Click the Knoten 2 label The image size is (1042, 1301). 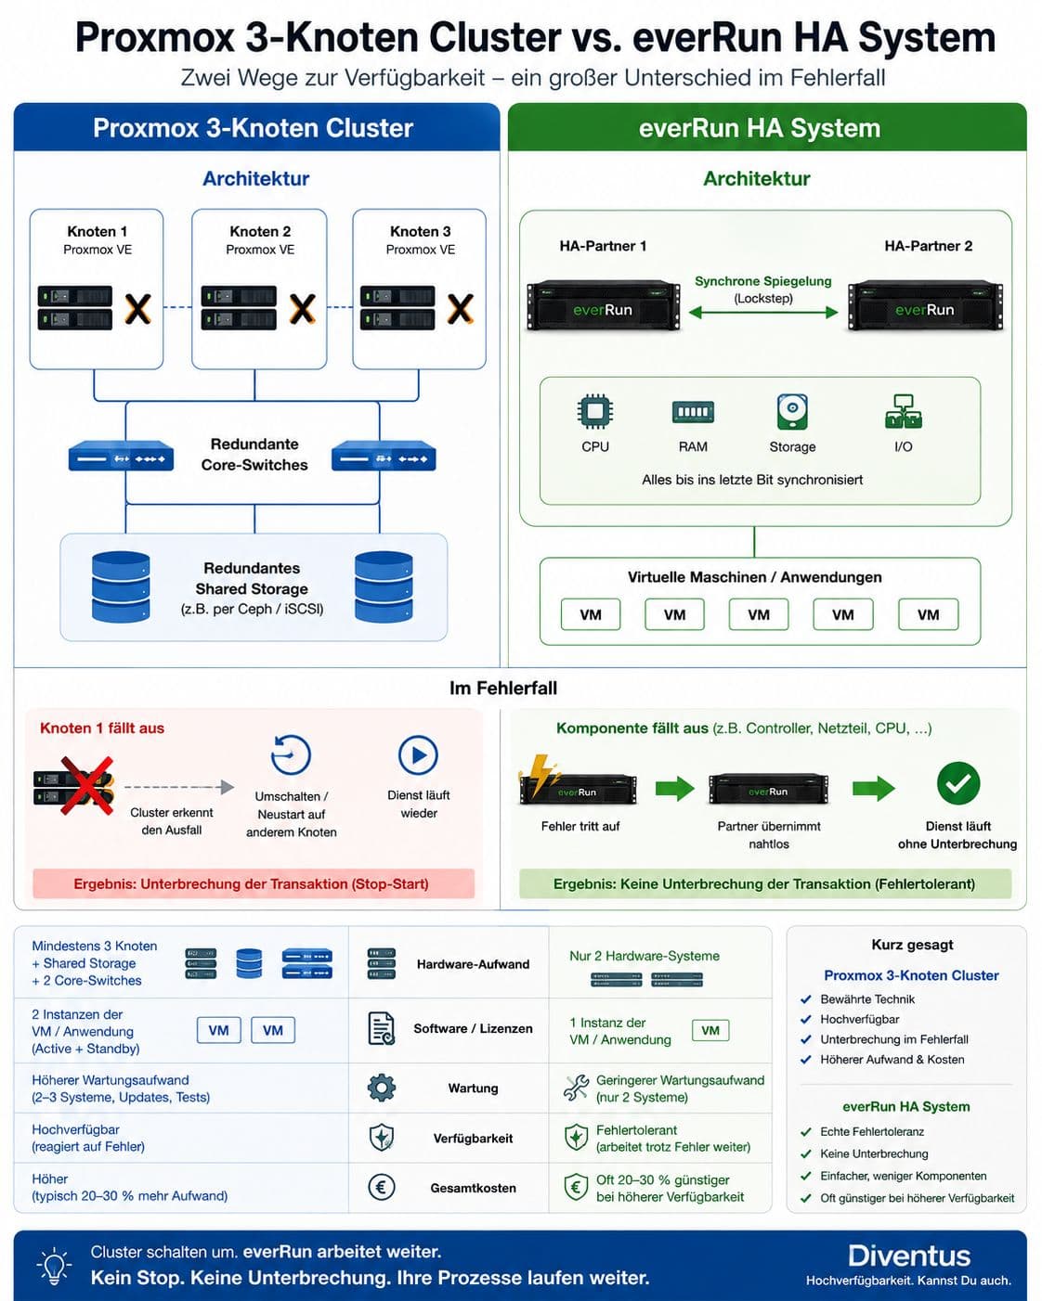pyautogui.click(x=260, y=232)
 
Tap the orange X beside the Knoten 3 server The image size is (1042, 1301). pyautogui.click(x=460, y=308)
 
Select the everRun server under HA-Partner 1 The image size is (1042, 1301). pyautogui.click(x=603, y=305)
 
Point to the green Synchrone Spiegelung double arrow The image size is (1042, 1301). pyautogui.click(x=763, y=313)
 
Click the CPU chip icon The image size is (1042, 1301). pyautogui.click(x=595, y=412)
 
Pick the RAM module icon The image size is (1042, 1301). pyautogui.click(x=693, y=412)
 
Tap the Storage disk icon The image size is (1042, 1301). pyautogui.click(x=792, y=412)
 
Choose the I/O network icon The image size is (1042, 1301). pyautogui.click(x=904, y=412)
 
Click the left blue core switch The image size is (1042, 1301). pyautogui.click(x=121, y=457)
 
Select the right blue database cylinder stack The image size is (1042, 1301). pyautogui.click(x=384, y=587)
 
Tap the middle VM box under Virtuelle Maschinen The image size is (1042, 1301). pyautogui.click(x=759, y=615)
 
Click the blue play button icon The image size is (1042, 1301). pyautogui.click(x=418, y=755)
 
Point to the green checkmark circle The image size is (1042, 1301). pyautogui.click(x=958, y=783)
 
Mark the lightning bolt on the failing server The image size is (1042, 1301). pyautogui.click(x=541, y=776)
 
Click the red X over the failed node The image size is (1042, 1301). pyautogui.click(x=86, y=785)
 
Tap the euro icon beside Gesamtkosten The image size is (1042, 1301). pyautogui.click(x=381, y=1188)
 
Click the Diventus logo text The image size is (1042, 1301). pyautogui.click(x=909, y=1256)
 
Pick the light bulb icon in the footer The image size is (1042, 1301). pyautogui.click(x=55, y=1266)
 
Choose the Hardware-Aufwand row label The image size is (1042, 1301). pyautogui.click(x=473, y=964)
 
